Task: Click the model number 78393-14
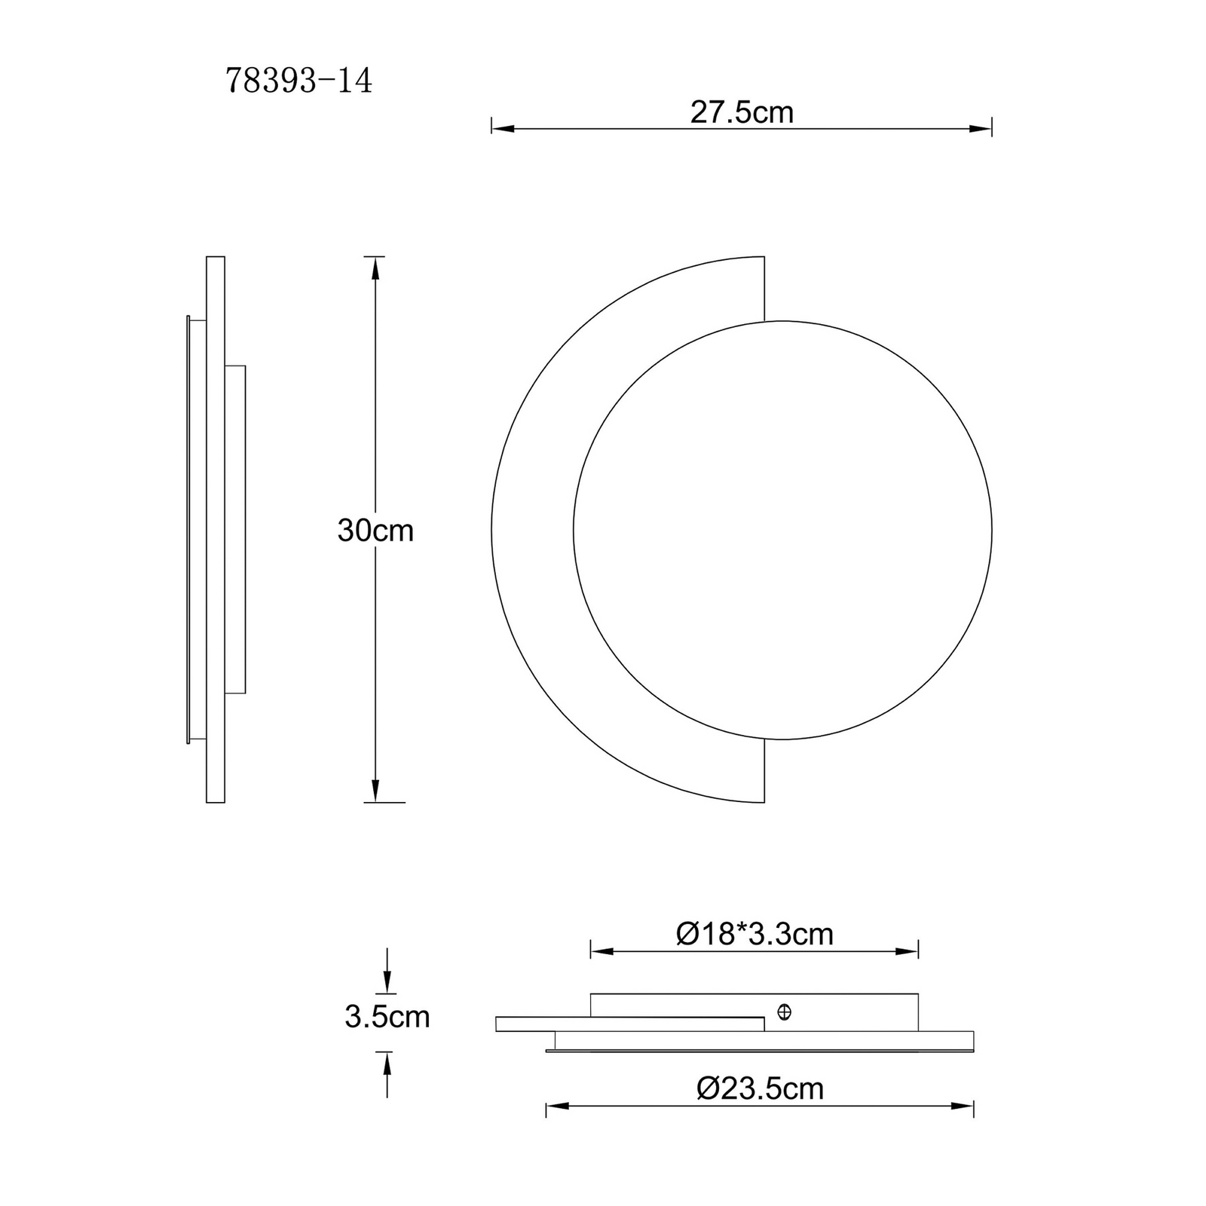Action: pos(298,81)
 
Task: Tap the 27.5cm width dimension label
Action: pos(742,112)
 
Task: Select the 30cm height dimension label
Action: pos(375,531)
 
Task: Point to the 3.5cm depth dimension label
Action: pos(387,1017)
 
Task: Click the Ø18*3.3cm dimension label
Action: pos(755,934)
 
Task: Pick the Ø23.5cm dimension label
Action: pos(760,1088)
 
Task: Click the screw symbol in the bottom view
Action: pos(784,1012)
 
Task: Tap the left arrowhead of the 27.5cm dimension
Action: pos(502,129)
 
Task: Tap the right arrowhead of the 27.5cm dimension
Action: pos(981,129)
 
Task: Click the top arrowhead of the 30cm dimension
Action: pos(375,268)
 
